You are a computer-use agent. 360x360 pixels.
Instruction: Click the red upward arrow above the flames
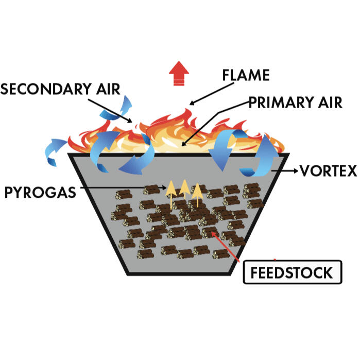179,73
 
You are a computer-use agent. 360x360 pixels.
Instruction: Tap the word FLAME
246,75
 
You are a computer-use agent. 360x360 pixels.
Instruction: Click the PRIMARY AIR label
296,102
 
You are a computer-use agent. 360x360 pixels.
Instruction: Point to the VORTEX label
328,170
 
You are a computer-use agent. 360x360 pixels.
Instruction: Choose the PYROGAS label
40,193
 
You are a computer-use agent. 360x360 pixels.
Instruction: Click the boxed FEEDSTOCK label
292,272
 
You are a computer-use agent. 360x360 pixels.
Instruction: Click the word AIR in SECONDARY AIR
107,89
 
